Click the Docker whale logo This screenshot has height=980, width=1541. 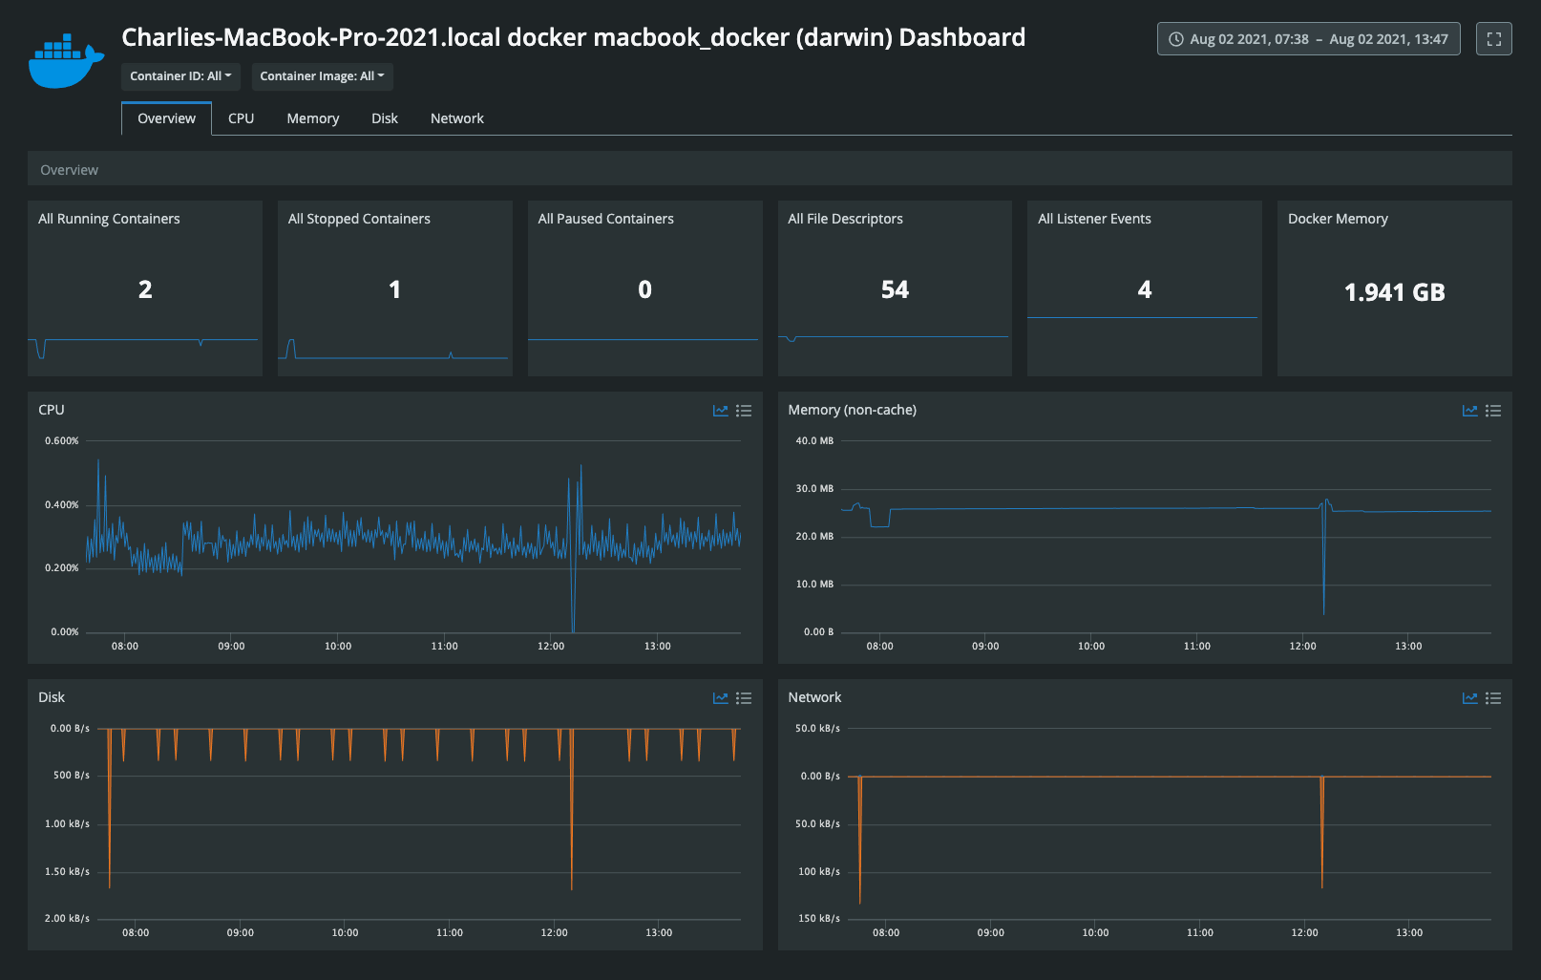(65, 62)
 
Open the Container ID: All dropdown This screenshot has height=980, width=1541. (180, 76)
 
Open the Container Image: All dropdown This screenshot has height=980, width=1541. (322, 76)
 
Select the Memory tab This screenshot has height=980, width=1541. (312, 118)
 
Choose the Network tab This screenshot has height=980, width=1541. (456, 118)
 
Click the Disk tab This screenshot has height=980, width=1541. (384, 118)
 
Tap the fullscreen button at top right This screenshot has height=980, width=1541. (1493, 39)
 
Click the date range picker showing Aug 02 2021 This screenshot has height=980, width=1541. (1308, 39)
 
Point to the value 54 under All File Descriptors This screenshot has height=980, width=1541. (895, 289)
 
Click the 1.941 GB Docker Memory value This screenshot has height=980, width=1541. (1394, 292)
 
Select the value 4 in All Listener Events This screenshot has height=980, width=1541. (1144, 289)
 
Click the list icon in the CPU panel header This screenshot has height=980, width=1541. (744, 411)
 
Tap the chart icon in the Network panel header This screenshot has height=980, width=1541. (1469, 698)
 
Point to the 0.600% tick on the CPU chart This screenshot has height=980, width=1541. (62, 441)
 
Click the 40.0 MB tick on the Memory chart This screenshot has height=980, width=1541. (814, 441)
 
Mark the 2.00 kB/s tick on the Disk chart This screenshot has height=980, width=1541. (67, 919)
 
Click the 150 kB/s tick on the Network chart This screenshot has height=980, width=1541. (818, 919)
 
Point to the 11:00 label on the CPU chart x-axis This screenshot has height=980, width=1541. (444, 647)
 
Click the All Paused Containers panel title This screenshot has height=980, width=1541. (605, 219)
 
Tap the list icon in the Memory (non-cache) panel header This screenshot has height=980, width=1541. (1493, 411)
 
